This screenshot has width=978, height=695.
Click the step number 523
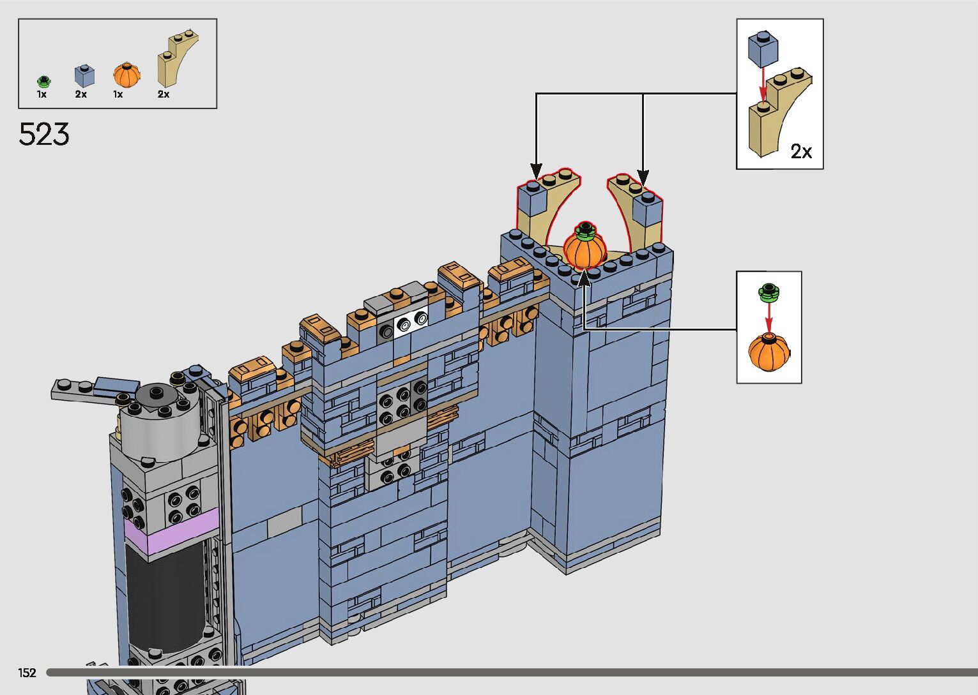pos(44,134)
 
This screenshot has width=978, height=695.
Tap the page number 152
pos(27,672)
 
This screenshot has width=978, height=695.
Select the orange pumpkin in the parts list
pos(126,75)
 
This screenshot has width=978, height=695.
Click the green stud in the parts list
pos(43,81)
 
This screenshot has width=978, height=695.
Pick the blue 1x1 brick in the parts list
pos(85,76)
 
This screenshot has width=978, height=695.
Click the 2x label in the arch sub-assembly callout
pos(801,151)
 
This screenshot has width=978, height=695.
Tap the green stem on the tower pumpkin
pos(585,230)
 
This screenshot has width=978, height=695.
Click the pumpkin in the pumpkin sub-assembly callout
pos(768,352)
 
